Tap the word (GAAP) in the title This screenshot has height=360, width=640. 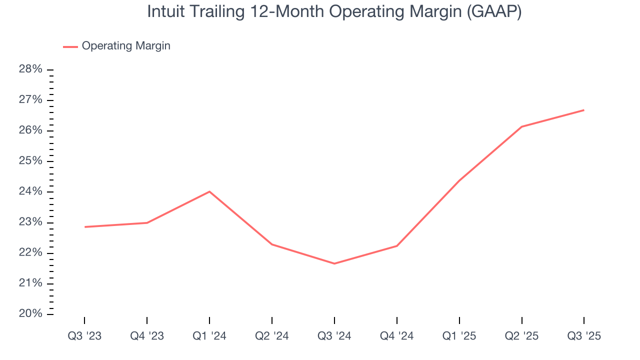(x=494, y=12)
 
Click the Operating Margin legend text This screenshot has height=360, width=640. (x=126, y=46)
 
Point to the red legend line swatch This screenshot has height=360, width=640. (x=70, y=46)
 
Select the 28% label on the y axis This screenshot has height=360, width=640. (x=30, y=69)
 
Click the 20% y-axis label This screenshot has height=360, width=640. (x=30, y=314)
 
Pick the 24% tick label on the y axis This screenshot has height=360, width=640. (x=30, y=192)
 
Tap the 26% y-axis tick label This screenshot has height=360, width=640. (x=30, y=130)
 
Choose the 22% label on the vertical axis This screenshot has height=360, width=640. (x=30, y=253)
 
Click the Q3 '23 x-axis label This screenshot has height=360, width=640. (x=84, y=336)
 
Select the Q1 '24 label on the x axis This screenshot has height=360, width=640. (x=209, y=336)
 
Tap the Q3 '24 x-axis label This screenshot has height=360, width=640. (x=334, y=336)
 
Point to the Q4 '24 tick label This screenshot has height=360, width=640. (x=397, y=336)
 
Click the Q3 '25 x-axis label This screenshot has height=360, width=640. (x=584, y=336)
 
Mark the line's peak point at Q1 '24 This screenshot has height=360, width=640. (x=209, y=191)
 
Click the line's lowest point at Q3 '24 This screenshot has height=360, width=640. (x=334, y=263)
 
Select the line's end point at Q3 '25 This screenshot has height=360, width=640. (x=584, y=110)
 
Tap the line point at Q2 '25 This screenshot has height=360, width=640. (x=521, y=126)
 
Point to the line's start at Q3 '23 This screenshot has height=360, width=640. (x=84, y=227)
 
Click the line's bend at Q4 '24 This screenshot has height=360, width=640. (x=397, y=246)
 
